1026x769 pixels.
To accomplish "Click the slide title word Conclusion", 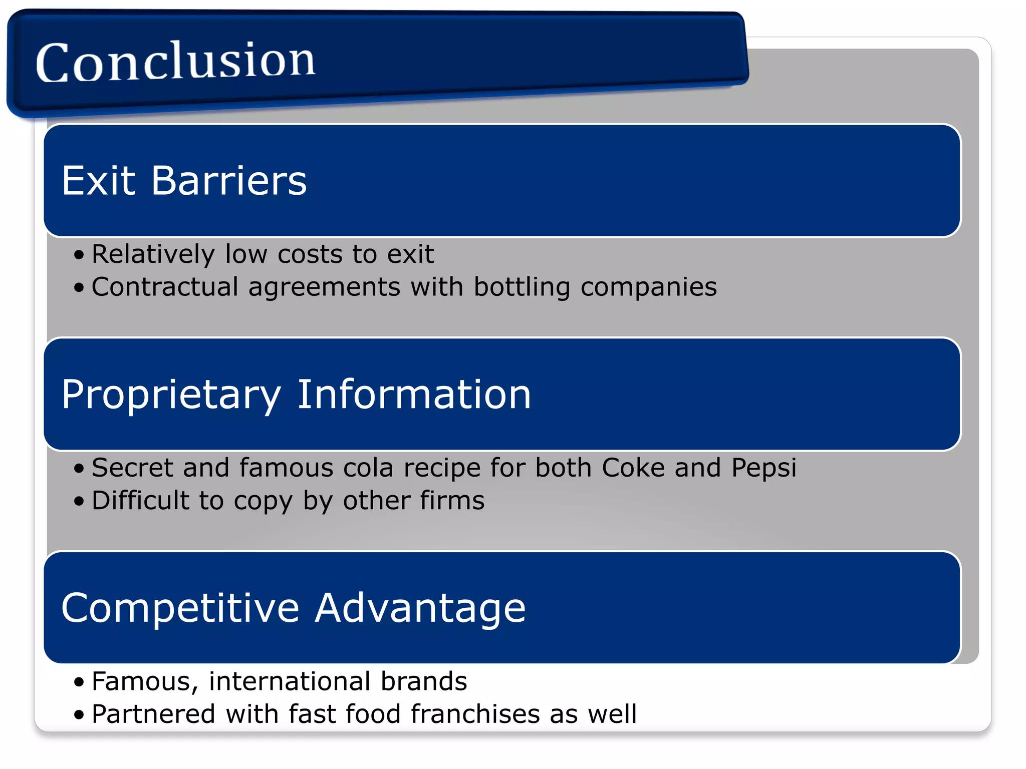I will pos(175,61).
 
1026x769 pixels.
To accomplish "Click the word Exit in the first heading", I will pos(98,181).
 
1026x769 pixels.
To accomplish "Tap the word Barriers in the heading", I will pos(229,181).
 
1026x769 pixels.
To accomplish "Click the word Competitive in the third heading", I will pos(180,608).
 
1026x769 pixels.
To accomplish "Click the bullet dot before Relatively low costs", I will pos(79,255).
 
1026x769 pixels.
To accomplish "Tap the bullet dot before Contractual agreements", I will pos(79,288).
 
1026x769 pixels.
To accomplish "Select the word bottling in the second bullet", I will pos(522,288).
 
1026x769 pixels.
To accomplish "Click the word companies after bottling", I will pos(648,288).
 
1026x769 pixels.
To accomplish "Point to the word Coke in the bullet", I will pos(633,468).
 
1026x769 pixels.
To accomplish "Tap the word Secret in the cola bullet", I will pos(132,468).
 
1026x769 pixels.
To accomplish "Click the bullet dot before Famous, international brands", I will pos(79,682).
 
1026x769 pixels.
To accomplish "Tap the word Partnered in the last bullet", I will pos(153,714).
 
